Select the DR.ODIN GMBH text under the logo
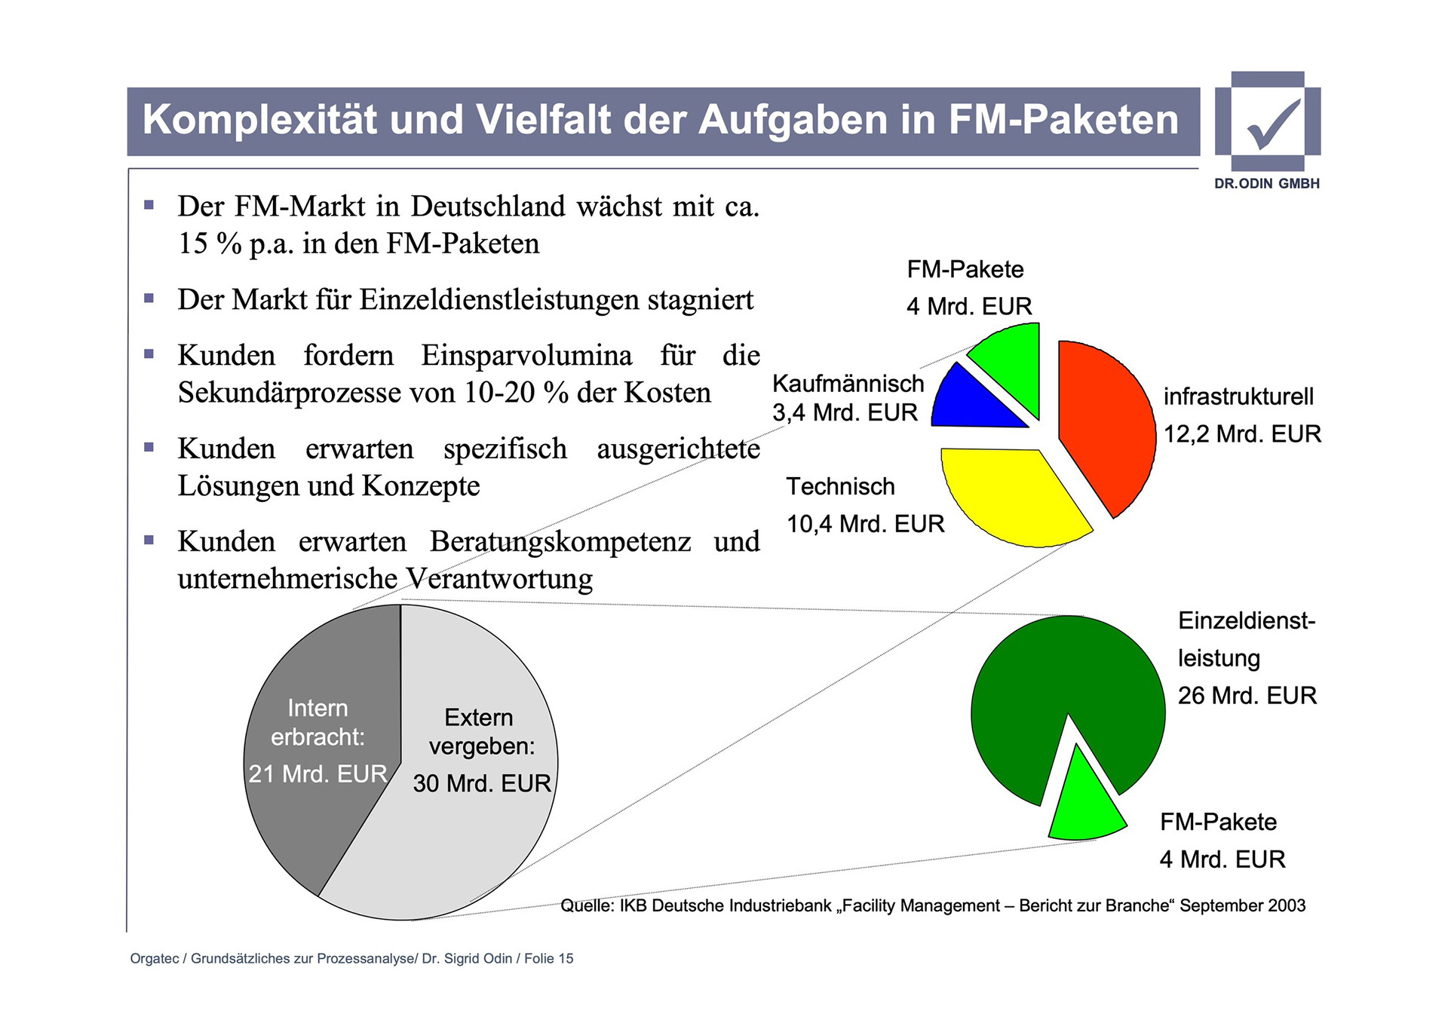pyautogui.click(x=1267, y=183)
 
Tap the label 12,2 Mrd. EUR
pyautogui.click(x=1242, y=434)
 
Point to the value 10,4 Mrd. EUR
pyautogui.click(x=865, y=524)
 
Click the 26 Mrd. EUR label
pyautogui.click(x=1247, y=695)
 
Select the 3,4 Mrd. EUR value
pyautogui.click(x=845, y=413)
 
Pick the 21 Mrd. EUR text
pyautogui.click(x=318, y=774)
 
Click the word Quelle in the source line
pyautogui.click(x=587, y=906)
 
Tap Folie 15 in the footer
pyautogui.click(x=548, y=959)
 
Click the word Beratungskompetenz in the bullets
pyautogui.click(x=560, y=542)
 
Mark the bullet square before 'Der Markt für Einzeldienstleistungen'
pyautogui.click(x=149, y=299)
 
